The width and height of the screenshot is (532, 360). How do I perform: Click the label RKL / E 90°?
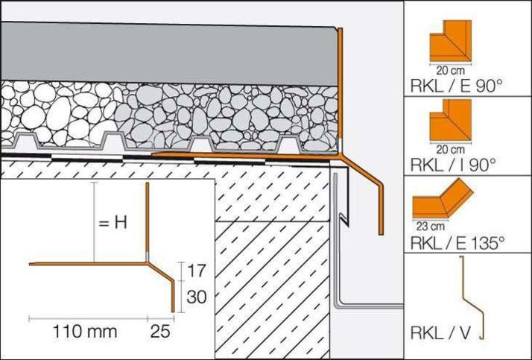click(455, 86)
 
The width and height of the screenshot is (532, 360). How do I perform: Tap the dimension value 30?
click(196, 296)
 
